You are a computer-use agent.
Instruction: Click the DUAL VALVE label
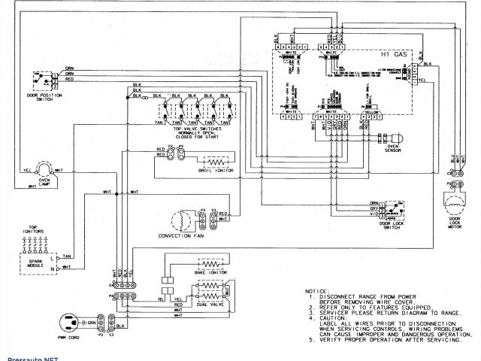click(212, 302)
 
